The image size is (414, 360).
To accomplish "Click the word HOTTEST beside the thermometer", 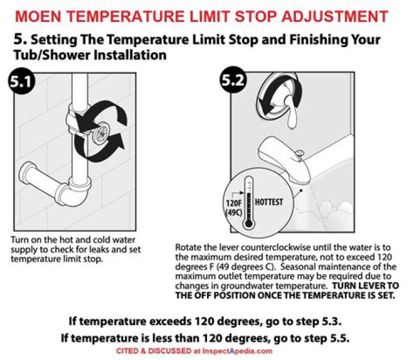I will pyautogui.click(x=269, y=202).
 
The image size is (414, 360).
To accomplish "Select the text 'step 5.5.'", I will pyautogui.click(x=329, y=338).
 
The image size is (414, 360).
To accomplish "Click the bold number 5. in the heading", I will pyautogui.click(x=20, y=40).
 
